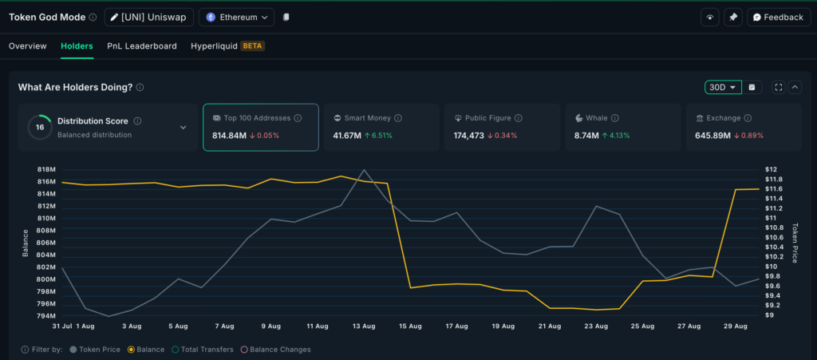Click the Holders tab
click(77, 46)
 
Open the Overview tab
click(28, 46)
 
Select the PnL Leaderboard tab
click(142, 46)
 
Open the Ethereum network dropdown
click(236, 17)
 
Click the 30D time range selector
click(723, 87)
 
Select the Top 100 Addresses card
click(260, 127)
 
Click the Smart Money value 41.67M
click(348, 136)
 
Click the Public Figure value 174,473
click(469, 136)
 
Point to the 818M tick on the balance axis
click(45, 170)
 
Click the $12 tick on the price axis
click(771, 170)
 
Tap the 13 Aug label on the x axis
click(364, 326)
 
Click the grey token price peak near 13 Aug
click(365, 170)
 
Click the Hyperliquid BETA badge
click(252, 46)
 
